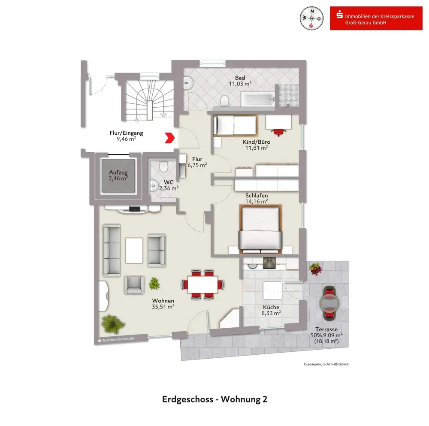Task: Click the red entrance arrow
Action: (170, 138)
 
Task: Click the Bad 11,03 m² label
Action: (240, 81)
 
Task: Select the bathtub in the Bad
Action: (257, 100)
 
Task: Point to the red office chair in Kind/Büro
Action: (279, 130)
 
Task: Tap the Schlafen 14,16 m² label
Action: (257, 198)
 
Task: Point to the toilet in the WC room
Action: (163, 166)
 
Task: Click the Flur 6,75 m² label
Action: (197, 162)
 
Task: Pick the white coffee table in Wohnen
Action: (134, 251)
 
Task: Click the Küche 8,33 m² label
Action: (271, 310)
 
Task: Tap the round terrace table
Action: (329, 303)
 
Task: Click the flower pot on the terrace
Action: (315, 269)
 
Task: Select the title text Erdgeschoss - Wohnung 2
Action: (214, 399)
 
